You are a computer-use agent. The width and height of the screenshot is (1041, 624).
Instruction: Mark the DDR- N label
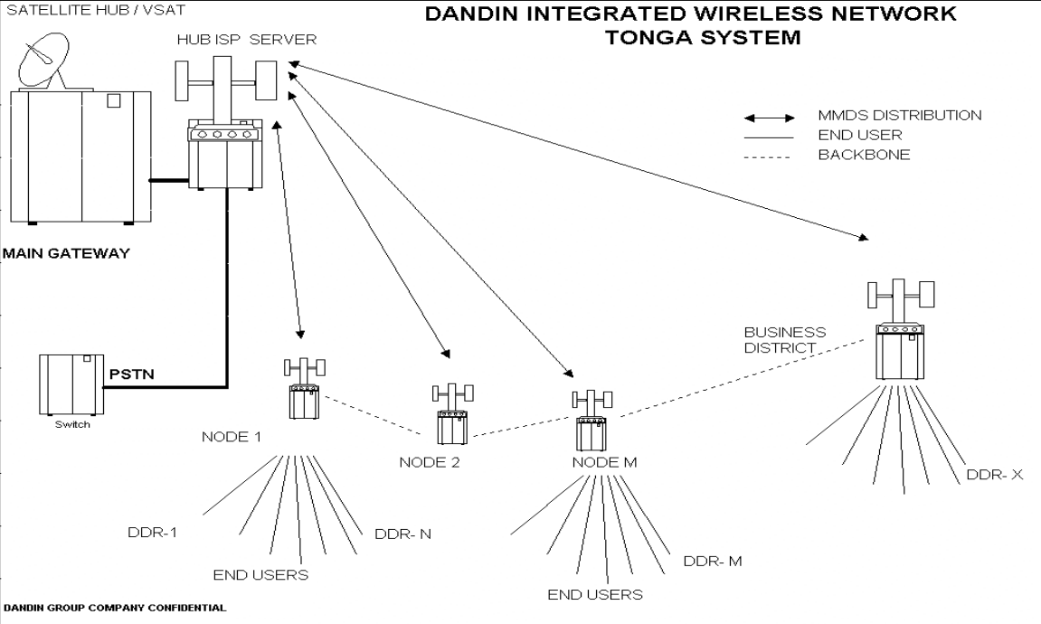click(402, 533)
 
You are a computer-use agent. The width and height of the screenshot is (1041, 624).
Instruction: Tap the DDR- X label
click(992, 474)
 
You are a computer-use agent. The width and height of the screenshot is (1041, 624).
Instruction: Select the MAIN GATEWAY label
click(65, 254)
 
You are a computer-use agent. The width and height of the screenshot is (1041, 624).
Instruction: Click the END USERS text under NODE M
click(595, 595)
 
